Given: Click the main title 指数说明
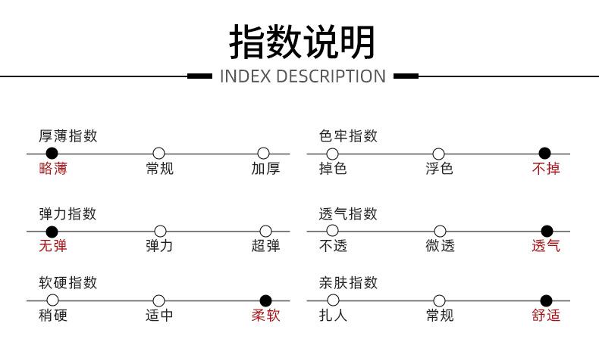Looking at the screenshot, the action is click(x=302, y=42).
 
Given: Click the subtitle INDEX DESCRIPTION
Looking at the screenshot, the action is click(x=303, y=76).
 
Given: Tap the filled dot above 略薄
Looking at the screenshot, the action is click(x=52, y=153).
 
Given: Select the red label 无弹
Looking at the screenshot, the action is click(x=53, y=245).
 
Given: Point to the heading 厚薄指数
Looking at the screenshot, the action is click(x=68, y=136).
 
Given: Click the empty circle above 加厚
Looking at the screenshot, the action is click(x=264, y=153).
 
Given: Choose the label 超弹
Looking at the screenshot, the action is click(x=266, y=245).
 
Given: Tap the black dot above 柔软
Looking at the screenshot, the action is click(x=265, y=300).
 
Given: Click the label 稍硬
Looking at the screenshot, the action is click(x=53, y=316).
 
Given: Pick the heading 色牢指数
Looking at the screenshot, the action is click(x=348, y=136).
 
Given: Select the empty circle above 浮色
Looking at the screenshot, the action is click(x=438, y=154).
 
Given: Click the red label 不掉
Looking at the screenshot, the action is click(x=546, y=168).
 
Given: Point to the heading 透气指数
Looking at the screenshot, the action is click(x=348, y=214).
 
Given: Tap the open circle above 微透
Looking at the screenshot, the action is click(x=440, y=231).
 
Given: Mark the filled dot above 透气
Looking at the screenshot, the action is click(x=547, y=231).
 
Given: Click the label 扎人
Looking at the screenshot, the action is click(x=333, y=316).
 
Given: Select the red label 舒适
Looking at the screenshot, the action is click(x=546, y=316).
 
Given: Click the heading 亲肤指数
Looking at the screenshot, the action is click(x=348, y=283).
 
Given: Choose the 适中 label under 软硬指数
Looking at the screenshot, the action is click(x=159, y=316).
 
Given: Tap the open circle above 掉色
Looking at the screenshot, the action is click(x=332, y=154).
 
